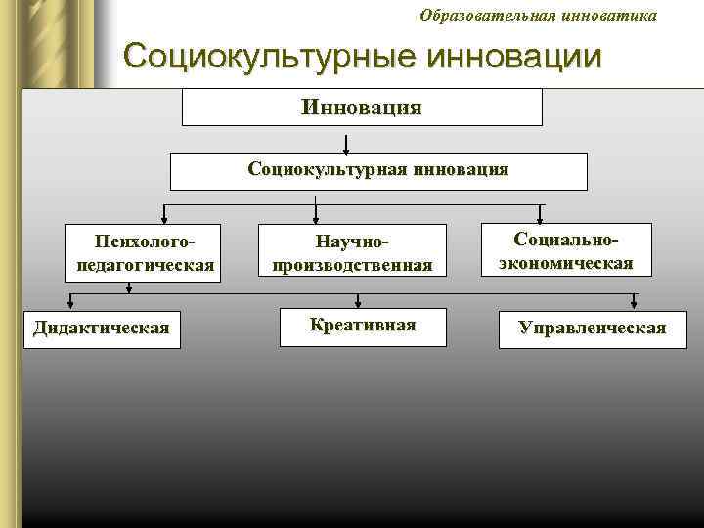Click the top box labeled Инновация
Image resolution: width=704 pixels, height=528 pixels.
coord(362,107)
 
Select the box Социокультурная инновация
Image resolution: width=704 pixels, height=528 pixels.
coord(378,170)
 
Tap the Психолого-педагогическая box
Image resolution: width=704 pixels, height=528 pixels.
coord(145,253)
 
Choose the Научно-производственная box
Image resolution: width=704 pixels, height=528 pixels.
coord(353,253)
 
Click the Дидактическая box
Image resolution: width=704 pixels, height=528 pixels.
coord(101,327)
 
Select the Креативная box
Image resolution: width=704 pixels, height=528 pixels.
coord(362,326)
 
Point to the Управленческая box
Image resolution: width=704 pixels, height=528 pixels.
coord(593,328)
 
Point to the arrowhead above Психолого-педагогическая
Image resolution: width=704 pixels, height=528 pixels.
coord(163,220)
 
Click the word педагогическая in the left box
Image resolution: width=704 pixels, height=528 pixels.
coord(145,265)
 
